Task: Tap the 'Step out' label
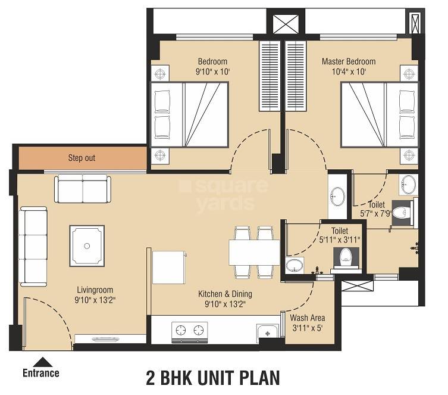(x=82, y=158)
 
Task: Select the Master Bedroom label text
(x=348, y=61)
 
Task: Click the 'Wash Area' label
(x=308, y=318)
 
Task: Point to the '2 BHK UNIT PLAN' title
(x=212, y=378)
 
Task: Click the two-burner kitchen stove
(x=190, y=329)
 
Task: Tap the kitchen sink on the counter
(x=267, y=331)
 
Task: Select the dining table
(x=254, y=252)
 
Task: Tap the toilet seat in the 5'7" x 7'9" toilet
(x=406, y=210)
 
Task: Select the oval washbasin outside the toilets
(x=337, y=195)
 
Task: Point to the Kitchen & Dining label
(x=225, y=294)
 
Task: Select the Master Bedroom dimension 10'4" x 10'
(x=348, y=71)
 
